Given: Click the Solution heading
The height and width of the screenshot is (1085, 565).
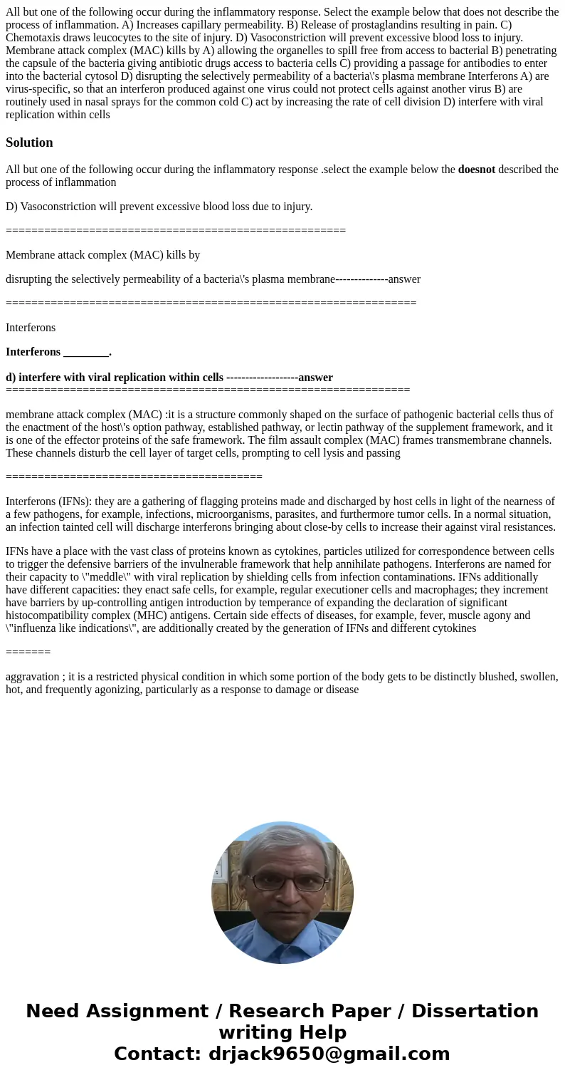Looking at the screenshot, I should [x=29, y=142].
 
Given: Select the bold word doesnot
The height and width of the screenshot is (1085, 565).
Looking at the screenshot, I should [x=476, y=170].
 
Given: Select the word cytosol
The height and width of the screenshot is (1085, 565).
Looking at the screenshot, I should [x=134, y=76].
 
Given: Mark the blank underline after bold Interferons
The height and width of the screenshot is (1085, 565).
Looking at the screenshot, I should [x=86, y=352].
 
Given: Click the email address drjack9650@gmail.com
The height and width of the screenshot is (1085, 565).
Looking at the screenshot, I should [x=329, y=1054].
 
